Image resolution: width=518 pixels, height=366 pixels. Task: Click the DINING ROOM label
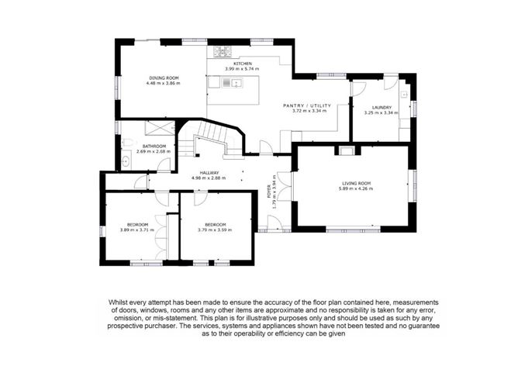tap(164, 78)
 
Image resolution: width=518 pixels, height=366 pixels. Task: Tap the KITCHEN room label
tap(243, 64)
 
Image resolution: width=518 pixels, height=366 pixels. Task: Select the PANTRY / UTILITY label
tap(307, 105)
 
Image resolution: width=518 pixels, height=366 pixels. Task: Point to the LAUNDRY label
tap(382, 107)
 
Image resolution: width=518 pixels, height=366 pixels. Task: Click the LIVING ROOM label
tap(356, 183)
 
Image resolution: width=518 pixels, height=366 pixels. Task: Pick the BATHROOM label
tap(154, 147)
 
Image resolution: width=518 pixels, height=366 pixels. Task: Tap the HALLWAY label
tap(209, 173)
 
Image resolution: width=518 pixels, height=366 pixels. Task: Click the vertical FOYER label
tap(268, 192)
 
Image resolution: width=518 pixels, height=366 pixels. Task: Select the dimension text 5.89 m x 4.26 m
tap(356, 189)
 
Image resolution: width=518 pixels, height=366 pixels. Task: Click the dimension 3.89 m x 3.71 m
tap(137, 230)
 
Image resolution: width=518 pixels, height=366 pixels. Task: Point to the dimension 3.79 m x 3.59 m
tap(215, 230)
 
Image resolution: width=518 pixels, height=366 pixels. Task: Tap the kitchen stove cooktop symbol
tap(223, 51)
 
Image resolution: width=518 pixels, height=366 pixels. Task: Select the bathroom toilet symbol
tap(129, 143)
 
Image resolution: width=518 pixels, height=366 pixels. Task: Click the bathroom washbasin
tap(126, 161)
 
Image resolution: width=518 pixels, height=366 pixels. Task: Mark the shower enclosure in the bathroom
tap(160, 128)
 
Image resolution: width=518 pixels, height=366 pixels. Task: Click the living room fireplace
tap(347, 151)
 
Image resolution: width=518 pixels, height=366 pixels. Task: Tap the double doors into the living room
tap(284, 186)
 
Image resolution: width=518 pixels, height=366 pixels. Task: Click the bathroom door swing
tap(164, 165)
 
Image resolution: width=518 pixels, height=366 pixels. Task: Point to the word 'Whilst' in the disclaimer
tap(118, 302)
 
